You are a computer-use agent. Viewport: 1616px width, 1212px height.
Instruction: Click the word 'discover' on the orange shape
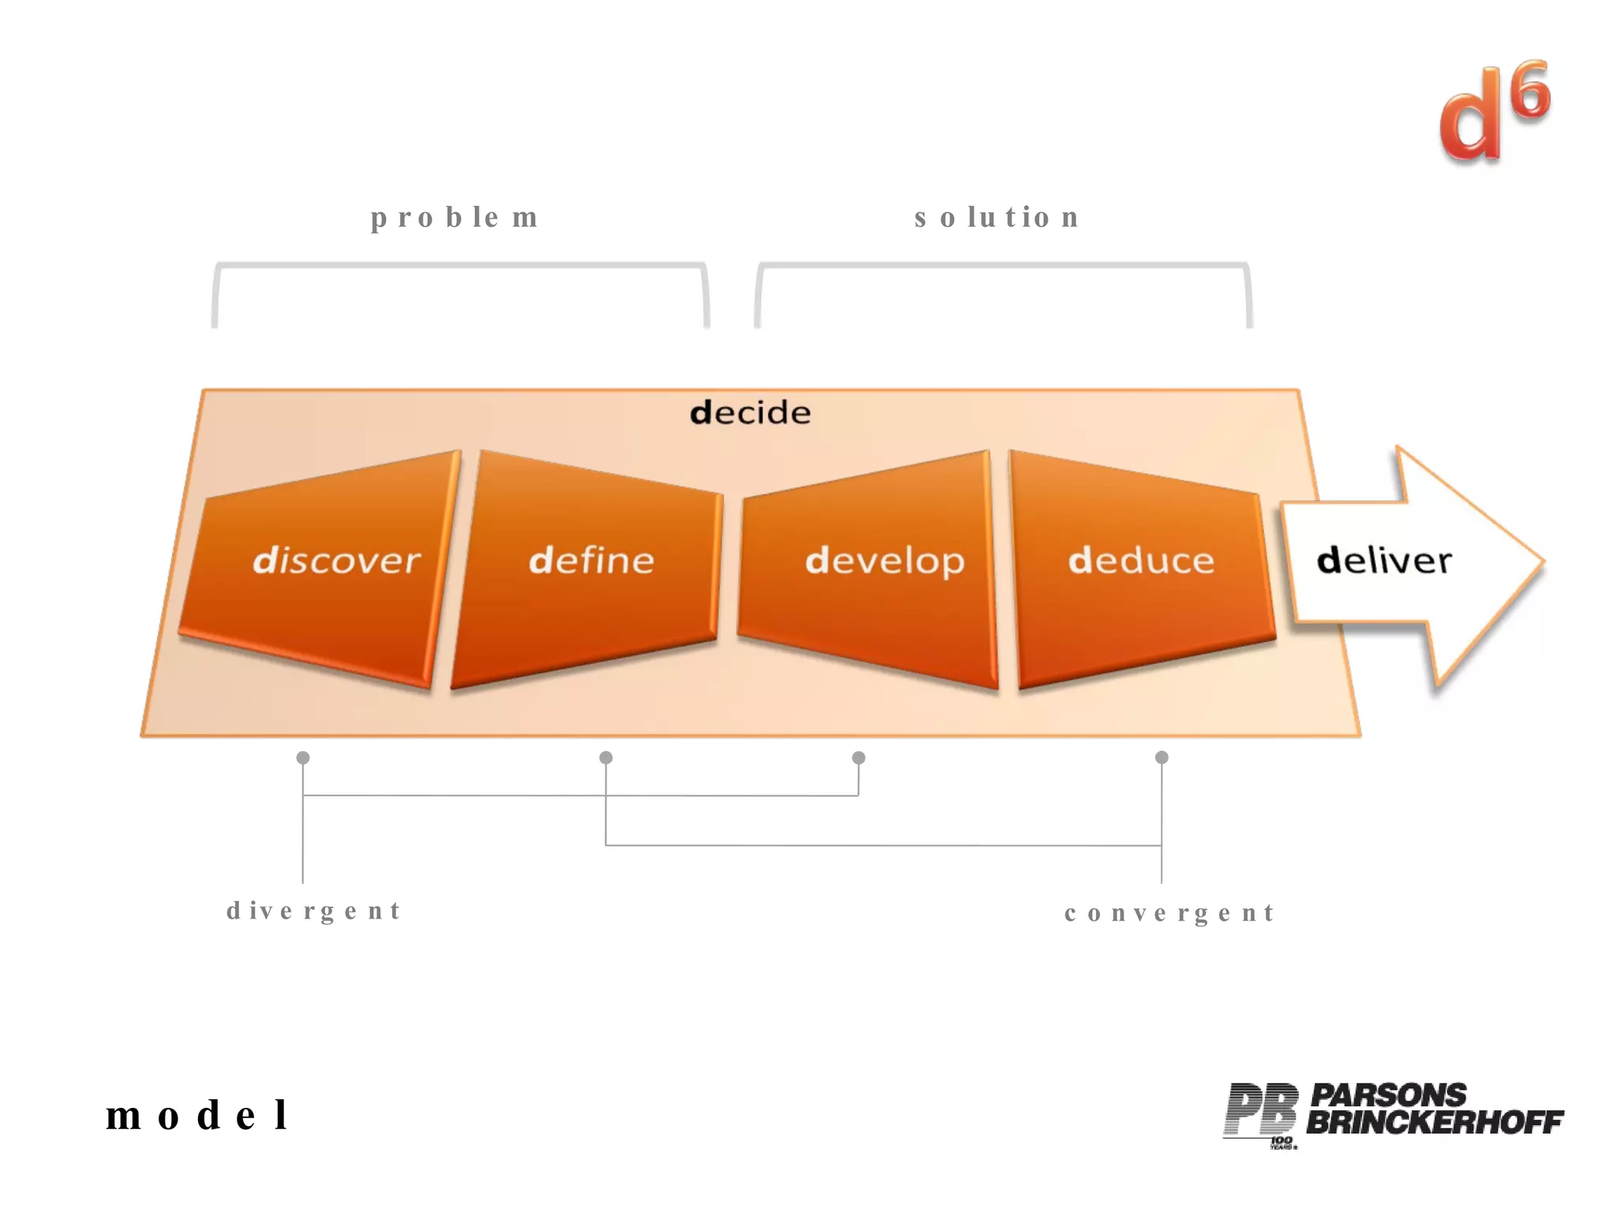click(337, 560)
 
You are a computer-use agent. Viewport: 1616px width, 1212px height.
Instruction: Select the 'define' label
click(592, 560)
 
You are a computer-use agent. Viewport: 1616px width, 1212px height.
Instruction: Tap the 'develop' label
click(885, 561)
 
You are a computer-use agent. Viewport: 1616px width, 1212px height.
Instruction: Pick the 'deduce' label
click(1141, 560)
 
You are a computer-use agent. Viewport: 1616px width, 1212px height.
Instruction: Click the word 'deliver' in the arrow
click(1384, 560)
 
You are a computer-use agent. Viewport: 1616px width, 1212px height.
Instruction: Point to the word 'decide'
click(750, 413)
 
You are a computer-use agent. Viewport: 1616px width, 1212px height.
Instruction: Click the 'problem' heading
click(454, 217)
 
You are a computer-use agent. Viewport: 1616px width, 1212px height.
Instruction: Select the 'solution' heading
click(997, 217)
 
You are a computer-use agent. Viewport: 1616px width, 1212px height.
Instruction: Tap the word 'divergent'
click(314, 911)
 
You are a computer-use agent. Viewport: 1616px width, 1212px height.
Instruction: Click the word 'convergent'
click(1169, 913)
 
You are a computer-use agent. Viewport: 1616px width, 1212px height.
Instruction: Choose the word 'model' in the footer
click(197, 1115)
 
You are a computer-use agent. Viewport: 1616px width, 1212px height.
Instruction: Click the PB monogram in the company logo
click(1261, 1111)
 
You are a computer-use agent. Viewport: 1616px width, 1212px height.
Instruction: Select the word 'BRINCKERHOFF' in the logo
click(1435, 1122)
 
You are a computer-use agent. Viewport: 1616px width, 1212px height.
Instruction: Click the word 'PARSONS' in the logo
click(1388, 1095)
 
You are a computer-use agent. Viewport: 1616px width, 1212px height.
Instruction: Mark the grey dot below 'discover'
click(303, 757)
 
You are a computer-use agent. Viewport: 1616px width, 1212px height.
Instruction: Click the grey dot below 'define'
click(606, 757)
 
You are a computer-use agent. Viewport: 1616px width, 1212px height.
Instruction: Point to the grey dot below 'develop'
click(858, 757)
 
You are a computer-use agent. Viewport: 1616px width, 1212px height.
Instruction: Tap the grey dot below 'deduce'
click(1161, 757)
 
